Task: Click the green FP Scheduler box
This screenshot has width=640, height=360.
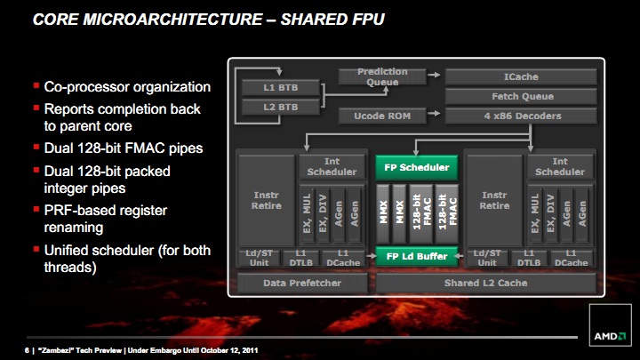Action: [x=416, y=167]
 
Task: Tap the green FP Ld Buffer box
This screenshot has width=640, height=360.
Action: [x=416, y=256]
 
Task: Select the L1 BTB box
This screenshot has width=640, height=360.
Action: [x=280, y=87]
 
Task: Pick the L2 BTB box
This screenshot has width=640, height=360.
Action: [x=280, y=107]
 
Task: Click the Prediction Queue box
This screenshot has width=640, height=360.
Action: [x=382, y=76]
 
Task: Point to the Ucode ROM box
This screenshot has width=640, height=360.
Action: [x=382, y=116]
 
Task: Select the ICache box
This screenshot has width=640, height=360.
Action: [x=521, y=76]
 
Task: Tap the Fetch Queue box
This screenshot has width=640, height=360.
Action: [x=521, y=96]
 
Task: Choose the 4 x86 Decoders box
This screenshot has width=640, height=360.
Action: [x=521, y=116]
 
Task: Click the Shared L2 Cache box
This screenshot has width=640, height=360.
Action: [x=485, y=283]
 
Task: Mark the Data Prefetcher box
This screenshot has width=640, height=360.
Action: [x=302, y=283]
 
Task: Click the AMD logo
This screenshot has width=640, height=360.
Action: [x=610, y=336]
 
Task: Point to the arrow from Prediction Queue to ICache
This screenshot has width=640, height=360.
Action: [x=434, y=75]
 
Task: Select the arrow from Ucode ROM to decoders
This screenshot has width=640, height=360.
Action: [x=434, y=113]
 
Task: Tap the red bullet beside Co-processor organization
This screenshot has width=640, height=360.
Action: [x=36, y=85]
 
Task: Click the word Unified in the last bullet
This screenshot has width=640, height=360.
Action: [x=70, y=250]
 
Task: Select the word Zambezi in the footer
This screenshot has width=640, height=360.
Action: [x=56, y=350]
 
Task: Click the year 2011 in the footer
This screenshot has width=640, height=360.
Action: [x=250, y=350]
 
